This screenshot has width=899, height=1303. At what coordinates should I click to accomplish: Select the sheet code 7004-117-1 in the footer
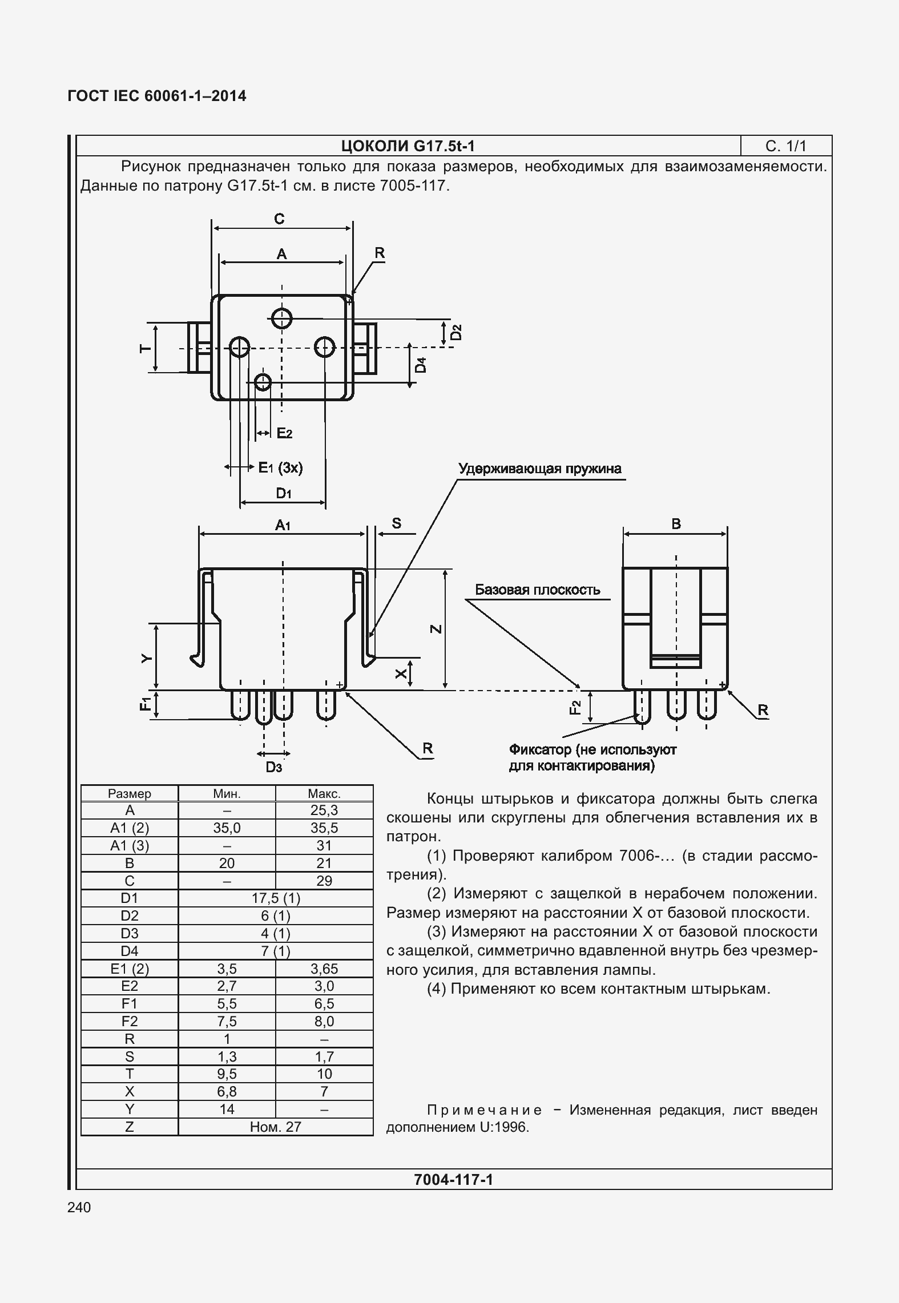point(453,1179)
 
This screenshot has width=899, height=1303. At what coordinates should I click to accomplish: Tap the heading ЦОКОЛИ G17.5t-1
point(408,146)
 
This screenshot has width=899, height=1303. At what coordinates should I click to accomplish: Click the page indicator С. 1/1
point(785,146)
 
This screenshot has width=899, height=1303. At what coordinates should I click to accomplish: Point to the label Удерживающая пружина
point(539,469)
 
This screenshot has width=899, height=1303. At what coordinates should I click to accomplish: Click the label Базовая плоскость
point(537,590)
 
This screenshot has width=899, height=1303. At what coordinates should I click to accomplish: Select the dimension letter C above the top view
point(279,219)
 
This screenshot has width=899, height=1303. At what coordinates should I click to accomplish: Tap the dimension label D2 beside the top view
point(455,332)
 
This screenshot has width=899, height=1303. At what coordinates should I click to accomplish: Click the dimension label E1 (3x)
point(280,468)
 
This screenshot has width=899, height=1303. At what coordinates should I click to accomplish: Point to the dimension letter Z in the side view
point(436,629)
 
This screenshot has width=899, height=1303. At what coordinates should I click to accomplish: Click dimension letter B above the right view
point(676,524)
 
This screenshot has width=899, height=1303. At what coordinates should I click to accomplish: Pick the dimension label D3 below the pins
point(274,768)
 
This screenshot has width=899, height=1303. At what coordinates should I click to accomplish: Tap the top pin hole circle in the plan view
point(281,318)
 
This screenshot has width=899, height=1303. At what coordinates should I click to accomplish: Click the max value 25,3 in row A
point(324,810)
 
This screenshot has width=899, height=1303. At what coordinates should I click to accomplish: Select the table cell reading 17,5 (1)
point(276,898)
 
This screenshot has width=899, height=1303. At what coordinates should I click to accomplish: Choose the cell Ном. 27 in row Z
point(276,1127)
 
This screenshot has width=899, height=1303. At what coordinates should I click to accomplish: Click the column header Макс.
point(324,793)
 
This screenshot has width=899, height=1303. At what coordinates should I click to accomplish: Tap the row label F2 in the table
point(130,1021)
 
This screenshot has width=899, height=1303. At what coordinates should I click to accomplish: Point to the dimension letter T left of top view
point(146,348)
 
